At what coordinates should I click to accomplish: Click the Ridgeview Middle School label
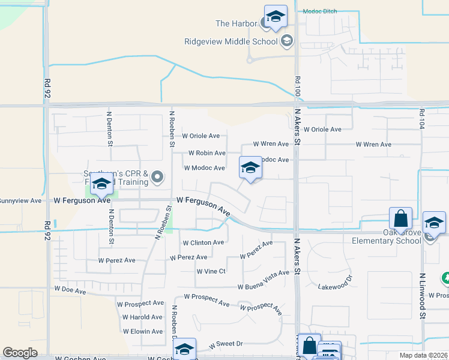pos(231,41)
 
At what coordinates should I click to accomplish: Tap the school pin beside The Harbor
pos(276,18)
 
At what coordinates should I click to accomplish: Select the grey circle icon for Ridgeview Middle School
pos(286,41)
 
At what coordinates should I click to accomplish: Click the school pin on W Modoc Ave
pos(250,169)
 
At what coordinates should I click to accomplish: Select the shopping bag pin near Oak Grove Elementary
pos(400,220)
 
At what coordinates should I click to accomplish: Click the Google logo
pos(20,353)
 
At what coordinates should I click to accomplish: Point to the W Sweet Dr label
pos(226,344)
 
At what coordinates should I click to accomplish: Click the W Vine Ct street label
pos(211,271)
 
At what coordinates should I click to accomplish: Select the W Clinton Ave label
pos(203,242)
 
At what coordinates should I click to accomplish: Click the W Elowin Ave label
pos(143,331)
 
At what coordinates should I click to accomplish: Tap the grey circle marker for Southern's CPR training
pos(157,176)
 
